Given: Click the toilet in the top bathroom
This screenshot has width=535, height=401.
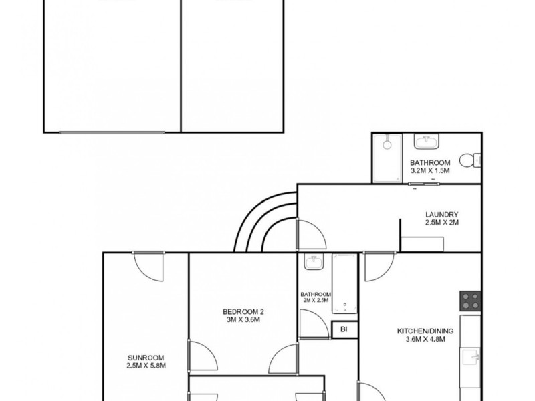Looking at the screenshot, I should pyautogui.click(x=473, y=159).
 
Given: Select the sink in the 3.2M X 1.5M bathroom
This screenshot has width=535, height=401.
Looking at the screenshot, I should pyautogui.click(x=425, y=142).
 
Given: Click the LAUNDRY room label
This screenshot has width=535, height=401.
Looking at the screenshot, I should pyautogui.click(x=441, y=215).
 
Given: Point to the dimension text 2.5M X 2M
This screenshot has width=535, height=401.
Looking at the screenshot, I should pyautogui.click(x=441, y=223).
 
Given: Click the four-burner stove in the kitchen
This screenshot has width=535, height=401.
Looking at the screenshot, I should pyautogui.click(x=469, y=301).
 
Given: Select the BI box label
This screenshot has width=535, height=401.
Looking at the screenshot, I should pyautogui.click(x=344, y=329).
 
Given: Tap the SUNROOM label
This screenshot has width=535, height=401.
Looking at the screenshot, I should pyautogui.click(x=145, y=357).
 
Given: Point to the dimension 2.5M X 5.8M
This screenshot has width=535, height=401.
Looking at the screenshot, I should pyautogui.click(x=145, y=366).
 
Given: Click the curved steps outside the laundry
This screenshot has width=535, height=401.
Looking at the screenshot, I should pyautogui.click(x=264, y=221).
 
